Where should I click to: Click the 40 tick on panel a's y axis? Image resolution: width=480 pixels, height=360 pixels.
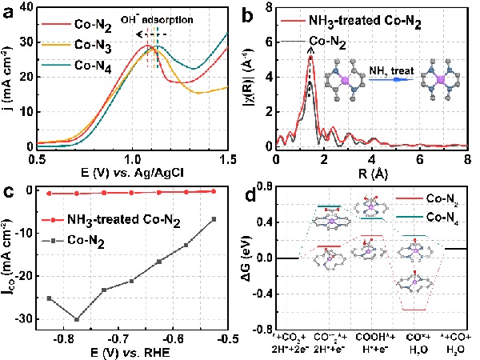[24, 6]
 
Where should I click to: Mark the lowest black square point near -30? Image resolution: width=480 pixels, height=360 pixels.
[77, 319]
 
